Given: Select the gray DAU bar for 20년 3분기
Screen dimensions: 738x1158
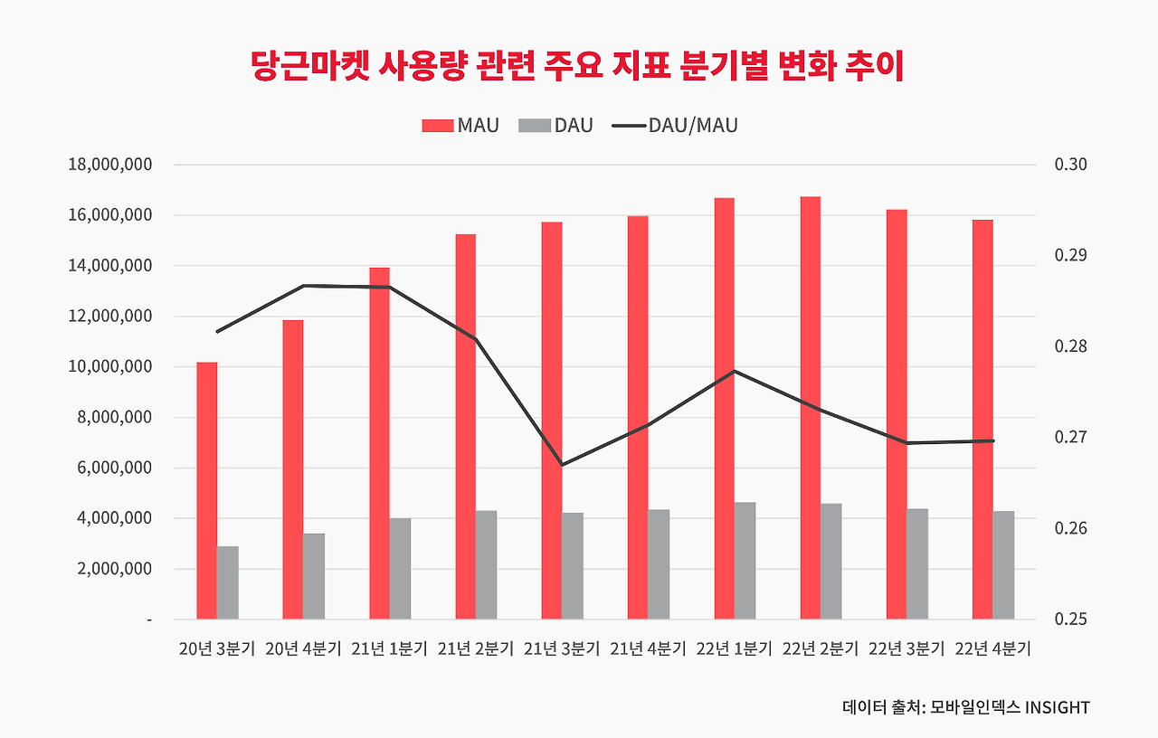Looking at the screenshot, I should coord(228,582).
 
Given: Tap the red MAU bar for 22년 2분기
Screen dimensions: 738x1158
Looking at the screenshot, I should coord(811,408).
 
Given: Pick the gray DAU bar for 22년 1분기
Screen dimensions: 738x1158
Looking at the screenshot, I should coord(745,561).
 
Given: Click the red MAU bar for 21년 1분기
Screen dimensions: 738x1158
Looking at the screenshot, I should coord(379,443).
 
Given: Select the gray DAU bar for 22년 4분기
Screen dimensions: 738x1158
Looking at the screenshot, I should coord(1003,565).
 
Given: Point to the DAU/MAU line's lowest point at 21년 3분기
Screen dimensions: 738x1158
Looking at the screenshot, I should coord(562,465).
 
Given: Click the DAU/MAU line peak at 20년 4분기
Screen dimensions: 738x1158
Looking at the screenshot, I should coord(303,286).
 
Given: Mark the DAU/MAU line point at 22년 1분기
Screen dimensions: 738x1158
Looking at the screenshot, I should coord(735,371).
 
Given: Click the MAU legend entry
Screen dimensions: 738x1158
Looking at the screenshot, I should coord(460,126).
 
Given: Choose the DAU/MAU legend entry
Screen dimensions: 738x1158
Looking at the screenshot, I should coord(674,126).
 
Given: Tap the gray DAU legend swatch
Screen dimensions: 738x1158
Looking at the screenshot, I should coord(534,126).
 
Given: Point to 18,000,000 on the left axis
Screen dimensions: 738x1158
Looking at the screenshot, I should coord(109,165).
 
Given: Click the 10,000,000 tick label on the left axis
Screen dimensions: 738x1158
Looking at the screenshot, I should coord(109,367).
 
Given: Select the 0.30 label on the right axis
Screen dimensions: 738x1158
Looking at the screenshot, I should coord(1070,165).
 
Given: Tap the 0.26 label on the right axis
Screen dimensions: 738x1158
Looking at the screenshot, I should coord(1070,528).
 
